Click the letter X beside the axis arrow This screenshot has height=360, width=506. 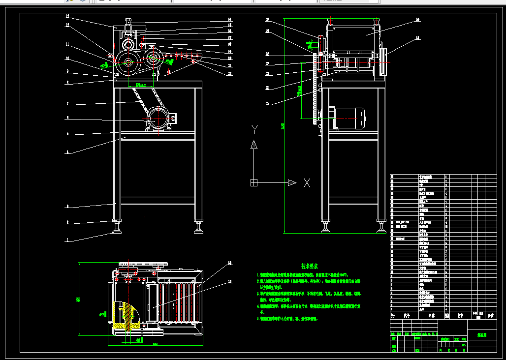(x=307, y=183)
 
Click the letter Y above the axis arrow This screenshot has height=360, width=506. (x=254, y=129)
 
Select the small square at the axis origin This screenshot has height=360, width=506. (x=253, y=183)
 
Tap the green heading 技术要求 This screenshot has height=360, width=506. (x=311, y=266)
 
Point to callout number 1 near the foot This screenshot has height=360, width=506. (x=68, y=240)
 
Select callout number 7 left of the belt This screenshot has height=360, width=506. (x=67, y=104)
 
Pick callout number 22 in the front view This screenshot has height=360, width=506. (x=229, y=74)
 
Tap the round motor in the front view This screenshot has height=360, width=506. (x=158, y=119)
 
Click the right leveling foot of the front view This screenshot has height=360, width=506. (x=199, y=229)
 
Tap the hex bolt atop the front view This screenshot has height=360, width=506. (x=128, y=22)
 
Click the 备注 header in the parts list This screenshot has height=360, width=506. (x=490, y=316)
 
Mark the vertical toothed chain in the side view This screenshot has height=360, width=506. (x=314, y=93)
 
